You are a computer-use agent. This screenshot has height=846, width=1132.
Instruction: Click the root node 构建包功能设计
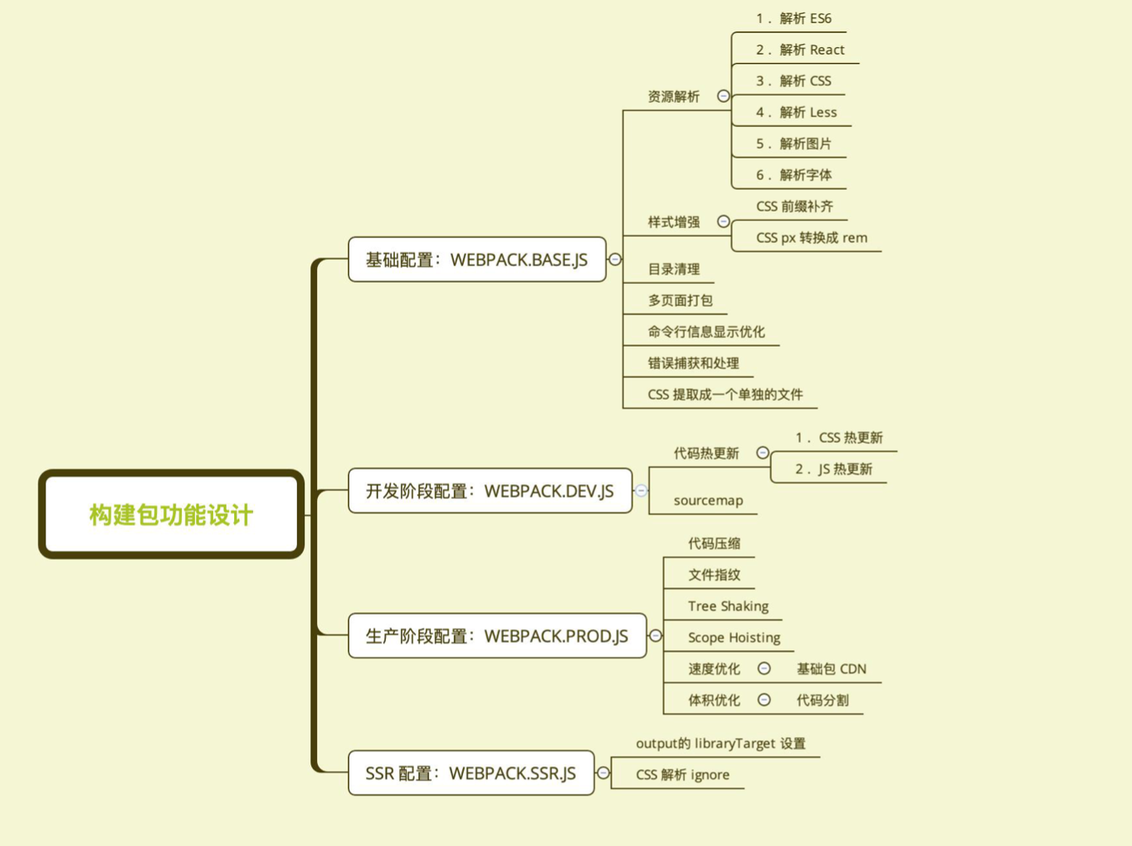click(171, 514)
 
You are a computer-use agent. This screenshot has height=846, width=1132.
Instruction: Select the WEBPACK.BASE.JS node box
click(476, 260)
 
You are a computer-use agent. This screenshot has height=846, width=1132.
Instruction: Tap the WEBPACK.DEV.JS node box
click(490, 491)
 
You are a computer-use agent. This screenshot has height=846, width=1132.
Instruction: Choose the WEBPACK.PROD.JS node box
click(496, 636)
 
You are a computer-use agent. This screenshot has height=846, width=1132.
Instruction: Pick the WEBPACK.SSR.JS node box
click(471, 773)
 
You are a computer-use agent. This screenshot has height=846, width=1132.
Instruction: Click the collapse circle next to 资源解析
click(724, 96)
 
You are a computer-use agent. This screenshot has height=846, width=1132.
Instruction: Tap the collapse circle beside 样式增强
click(724, 221)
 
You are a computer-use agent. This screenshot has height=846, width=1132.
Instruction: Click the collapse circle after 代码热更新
click(763, 453)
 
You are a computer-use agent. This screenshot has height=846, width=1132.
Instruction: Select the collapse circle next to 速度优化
click(764, 669)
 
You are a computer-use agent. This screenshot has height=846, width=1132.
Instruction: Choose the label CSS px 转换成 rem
click(812, 238)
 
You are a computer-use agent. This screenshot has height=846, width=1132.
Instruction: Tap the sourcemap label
click(708, 500)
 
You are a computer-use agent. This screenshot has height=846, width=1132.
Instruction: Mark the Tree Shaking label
click(728, 606)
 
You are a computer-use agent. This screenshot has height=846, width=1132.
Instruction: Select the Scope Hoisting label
click(734, 638)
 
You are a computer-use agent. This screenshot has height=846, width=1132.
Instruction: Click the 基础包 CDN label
click(831, 669)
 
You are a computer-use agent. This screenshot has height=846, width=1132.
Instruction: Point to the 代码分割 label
click(822, 700)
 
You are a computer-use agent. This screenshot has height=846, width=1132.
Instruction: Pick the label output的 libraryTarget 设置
click(720, 743)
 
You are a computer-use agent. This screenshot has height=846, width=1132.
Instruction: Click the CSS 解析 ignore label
click(682, 775)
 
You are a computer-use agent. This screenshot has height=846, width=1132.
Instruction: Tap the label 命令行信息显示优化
click(706, 332)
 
